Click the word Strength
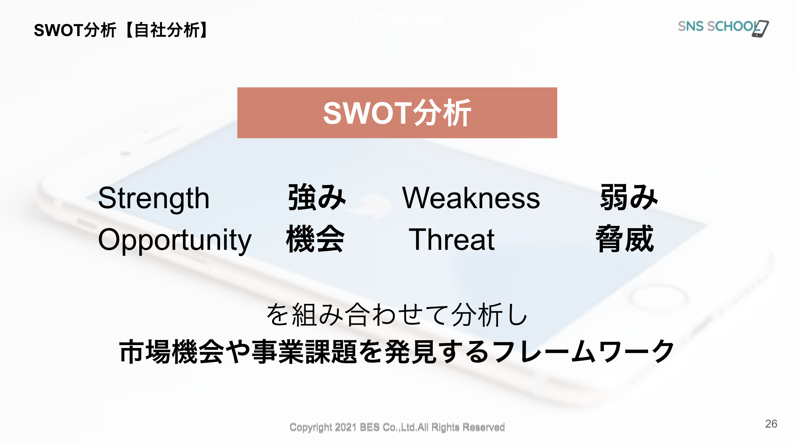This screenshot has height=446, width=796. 154,199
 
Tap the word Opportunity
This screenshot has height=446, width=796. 175,240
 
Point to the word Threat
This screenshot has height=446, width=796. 452,239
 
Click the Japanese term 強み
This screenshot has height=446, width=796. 317,197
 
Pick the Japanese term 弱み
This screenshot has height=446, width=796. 629,197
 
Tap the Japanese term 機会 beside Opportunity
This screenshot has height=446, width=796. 315,239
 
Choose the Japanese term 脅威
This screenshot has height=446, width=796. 625,239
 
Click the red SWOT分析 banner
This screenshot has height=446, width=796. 397,113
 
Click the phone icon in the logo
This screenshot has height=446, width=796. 760,29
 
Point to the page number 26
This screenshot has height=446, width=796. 771,424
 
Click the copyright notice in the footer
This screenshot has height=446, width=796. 397,428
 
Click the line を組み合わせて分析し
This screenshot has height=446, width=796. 397,315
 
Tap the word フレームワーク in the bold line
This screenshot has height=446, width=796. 584,352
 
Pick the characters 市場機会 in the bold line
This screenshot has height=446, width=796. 172,352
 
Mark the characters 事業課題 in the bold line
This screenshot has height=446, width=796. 304,352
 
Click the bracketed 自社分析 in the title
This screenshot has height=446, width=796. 167,30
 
